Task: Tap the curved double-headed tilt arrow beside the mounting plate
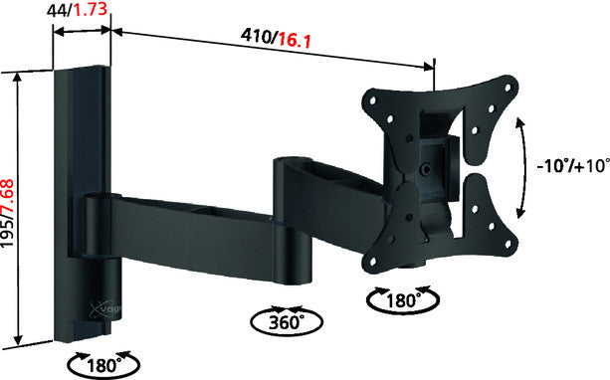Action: pos(522,166)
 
